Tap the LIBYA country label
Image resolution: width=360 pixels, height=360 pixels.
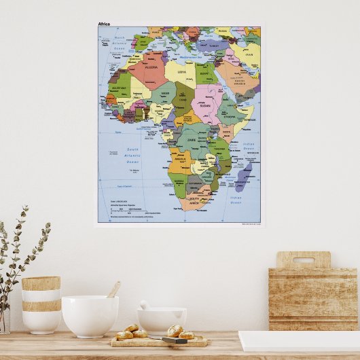pos(181,71)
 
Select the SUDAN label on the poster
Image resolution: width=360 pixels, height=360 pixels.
pos(204,105)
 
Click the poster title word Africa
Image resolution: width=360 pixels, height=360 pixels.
pos(103,24)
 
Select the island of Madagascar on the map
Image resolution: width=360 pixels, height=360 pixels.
pos(243,175)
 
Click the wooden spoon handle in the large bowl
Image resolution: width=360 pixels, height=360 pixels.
pos(114,289)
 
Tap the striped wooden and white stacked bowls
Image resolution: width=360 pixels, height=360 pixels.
pos(41,304)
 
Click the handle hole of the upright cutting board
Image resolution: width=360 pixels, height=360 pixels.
pos(303,260)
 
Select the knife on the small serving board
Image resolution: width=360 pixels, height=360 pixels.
pos(174,340)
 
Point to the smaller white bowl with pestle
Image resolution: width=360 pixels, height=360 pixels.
pos(162,320)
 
